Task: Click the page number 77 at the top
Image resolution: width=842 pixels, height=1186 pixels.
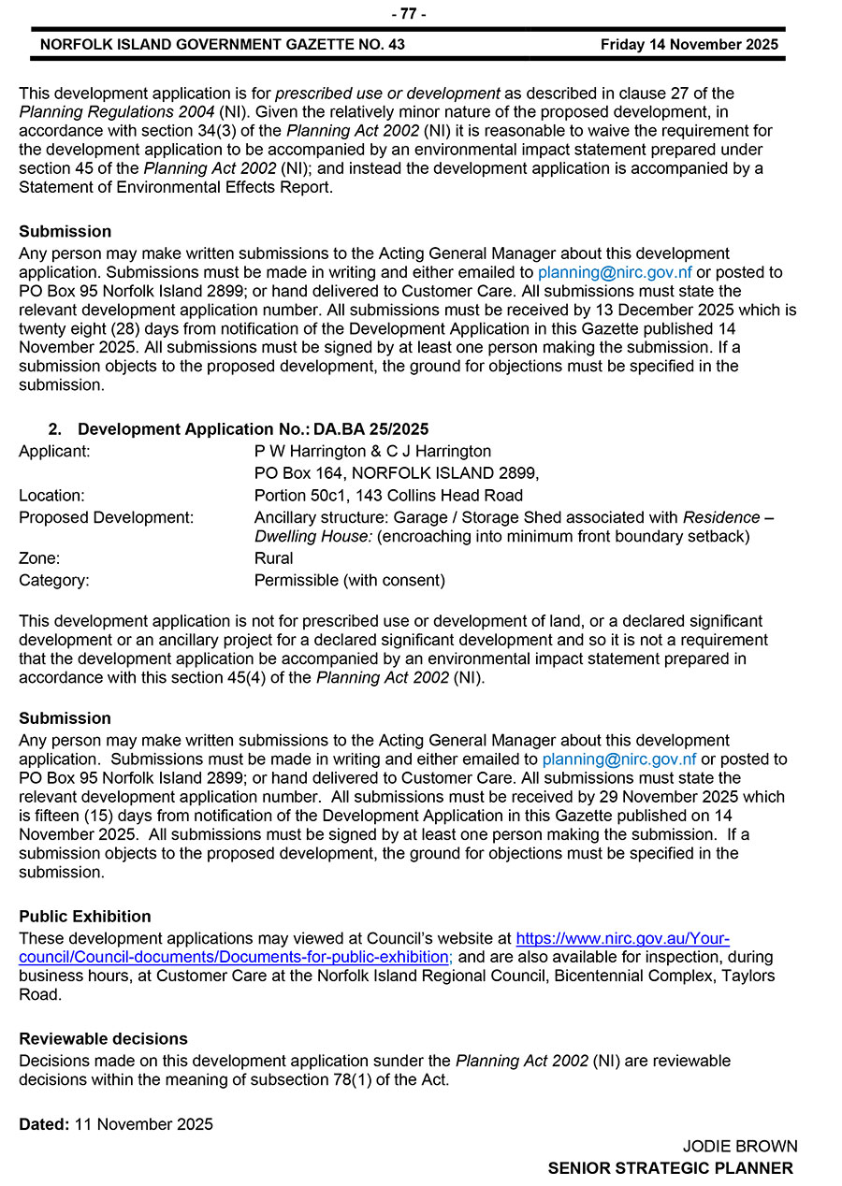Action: (408, 13)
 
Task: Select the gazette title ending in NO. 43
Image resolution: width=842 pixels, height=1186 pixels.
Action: (223, 44)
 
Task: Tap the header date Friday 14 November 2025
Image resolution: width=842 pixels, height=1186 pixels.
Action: (689, 44)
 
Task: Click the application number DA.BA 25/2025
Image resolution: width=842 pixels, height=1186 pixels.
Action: (370, 429)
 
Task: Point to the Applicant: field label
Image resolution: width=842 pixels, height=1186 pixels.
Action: (55, 451)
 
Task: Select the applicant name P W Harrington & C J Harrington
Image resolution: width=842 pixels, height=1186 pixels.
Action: (372, 451)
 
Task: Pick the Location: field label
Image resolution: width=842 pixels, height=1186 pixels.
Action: (51, 496)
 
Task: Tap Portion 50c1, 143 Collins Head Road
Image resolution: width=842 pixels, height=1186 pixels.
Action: (388, 496)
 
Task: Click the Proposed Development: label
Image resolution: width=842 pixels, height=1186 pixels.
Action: (107, 517)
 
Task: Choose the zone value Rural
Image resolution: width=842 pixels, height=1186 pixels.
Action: (273, 558)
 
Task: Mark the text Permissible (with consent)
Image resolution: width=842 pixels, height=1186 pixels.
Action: (349, 580)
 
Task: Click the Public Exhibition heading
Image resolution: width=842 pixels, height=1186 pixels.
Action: (85, 916)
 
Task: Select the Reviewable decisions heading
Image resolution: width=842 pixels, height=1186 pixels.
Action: (103, 1038)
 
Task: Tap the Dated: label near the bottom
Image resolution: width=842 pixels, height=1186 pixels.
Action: (44, 1124)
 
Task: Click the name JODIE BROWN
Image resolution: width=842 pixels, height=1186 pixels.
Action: (739, 1147)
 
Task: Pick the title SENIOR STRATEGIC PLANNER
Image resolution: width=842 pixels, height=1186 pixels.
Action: (670, 1168)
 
